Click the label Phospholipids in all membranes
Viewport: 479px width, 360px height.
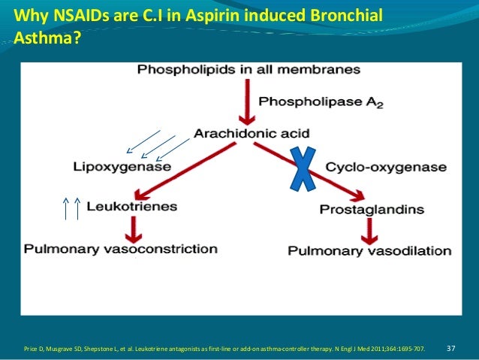(249, 70)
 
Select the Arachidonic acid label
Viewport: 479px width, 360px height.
(241, 134)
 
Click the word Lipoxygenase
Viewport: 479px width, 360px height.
(122, 166)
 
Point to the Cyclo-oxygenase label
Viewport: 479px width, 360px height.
(386, 167)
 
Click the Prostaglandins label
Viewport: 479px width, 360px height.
(372, 209)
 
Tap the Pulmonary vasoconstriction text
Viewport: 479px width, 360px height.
(121, 249)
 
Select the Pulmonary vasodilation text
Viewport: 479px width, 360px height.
(369, 250)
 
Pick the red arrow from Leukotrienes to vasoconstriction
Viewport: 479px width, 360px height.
(133, 227)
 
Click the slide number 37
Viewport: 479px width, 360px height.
(451, 349)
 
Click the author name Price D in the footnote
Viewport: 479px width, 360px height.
(35, 349)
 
